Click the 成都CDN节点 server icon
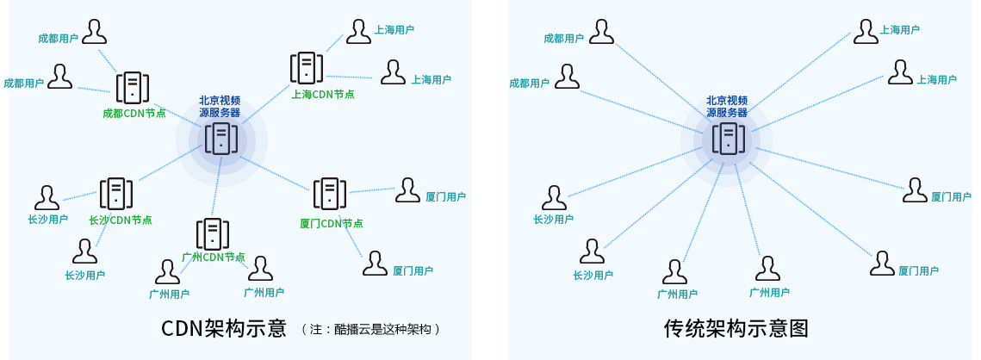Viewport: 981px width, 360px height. [132, 87]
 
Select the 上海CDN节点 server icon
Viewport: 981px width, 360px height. [307, 67]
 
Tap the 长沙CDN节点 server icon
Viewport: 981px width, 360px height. [116, 194]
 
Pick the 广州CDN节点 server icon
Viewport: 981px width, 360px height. [212, 233]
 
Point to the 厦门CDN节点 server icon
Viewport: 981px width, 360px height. [330, 195]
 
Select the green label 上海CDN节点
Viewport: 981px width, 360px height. [323, 95]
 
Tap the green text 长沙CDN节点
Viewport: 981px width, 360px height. [121, 220]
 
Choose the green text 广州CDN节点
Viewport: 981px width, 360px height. [214, 257]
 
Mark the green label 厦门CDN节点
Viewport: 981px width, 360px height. [332, 223]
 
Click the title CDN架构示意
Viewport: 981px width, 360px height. [223, 329]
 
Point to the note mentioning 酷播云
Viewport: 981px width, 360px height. [371, 329]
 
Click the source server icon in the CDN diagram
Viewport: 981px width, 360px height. [221, 139]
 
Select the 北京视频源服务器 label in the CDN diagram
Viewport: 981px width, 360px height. [220, 106]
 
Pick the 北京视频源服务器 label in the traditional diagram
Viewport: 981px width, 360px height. [728, 106]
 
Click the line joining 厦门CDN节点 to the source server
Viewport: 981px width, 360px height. [276, 171]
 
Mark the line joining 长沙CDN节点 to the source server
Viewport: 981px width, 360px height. [168, 166]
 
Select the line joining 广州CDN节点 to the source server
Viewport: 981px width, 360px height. [216, 187]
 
